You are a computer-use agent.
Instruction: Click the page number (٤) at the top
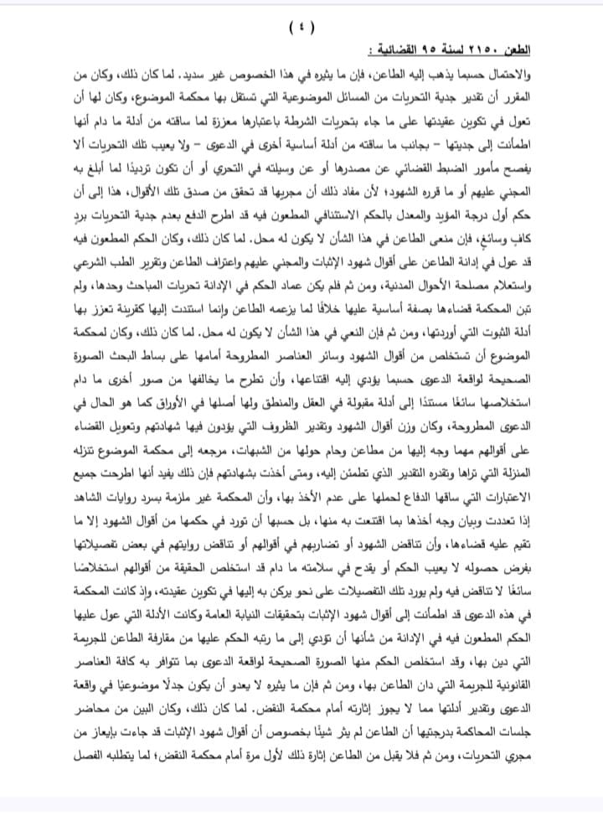pos(301,28)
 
